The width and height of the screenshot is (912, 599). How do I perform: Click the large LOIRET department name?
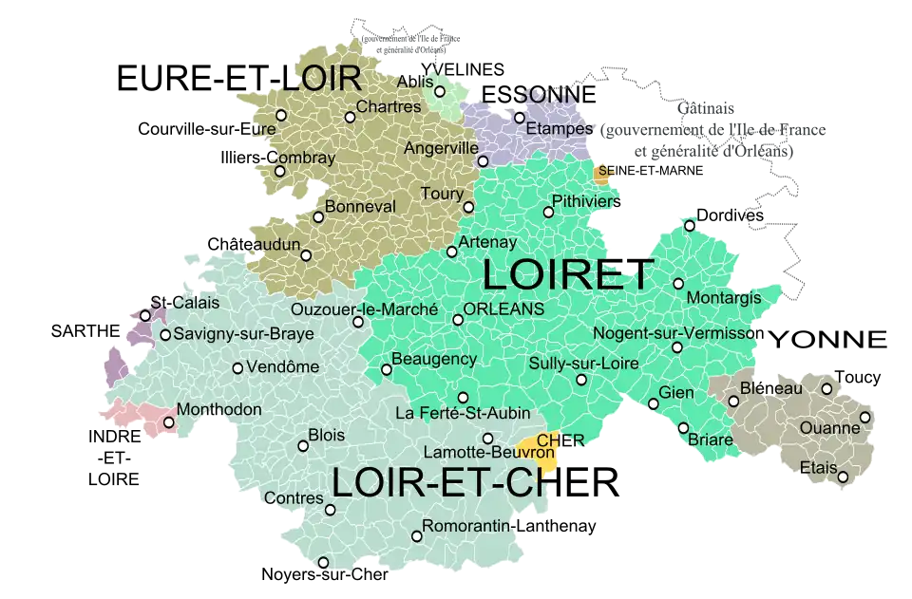[x=567, y=274]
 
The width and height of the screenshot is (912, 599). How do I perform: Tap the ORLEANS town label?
[x=503, y=309]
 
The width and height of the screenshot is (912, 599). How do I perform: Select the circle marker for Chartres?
[x=350, y=118]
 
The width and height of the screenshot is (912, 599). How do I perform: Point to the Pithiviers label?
[x=585, y=201]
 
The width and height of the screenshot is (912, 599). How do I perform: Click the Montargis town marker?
[x=678, y=284]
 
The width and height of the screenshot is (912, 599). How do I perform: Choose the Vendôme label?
[x=282, y=367]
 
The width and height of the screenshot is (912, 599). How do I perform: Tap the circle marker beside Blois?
[x=303, y=446]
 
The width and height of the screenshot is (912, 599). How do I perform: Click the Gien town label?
[x=676, y=392]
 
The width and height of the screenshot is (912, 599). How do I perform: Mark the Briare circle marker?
[x=683, y=428]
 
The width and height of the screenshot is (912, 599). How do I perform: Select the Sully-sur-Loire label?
[x=583, y=364]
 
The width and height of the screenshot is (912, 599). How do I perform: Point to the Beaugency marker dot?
[x=386, y=369]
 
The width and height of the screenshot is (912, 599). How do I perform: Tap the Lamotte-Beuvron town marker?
[x=487, y=439]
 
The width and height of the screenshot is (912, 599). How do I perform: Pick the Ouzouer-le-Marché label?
[x=365, y=309]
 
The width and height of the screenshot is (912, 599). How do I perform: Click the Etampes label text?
[x=559, y=129]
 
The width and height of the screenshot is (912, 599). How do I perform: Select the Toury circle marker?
[x=468, y=207]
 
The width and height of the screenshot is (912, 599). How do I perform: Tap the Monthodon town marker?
[x=169, y=422]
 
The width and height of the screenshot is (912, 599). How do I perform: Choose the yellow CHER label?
[x=559, y=440]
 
